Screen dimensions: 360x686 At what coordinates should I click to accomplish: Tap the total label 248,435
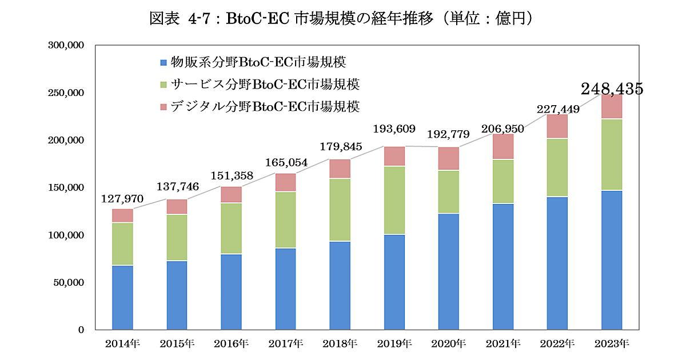click(x=612, y=89)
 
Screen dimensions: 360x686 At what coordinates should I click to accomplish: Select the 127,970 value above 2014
click(x=122, y=199)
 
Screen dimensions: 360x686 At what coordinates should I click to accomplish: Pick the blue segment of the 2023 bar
click(x=612, y=260)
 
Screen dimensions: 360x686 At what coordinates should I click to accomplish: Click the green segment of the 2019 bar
click(x=394, y=200)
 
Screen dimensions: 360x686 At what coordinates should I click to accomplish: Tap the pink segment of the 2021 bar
click(x=503, y=147)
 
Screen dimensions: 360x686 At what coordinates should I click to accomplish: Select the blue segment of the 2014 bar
click(x=122, y=297)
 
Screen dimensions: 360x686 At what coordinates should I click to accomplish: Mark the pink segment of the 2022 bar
click(x=557, y=126)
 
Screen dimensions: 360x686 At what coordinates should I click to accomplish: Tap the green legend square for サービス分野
click(x=163, y=85)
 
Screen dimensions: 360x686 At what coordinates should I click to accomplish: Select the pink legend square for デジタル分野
click(x=163, y=107)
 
